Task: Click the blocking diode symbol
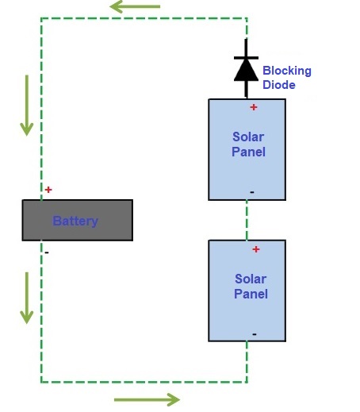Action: [246, 68]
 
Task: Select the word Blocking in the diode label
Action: [286, 71]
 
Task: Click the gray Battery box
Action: [77, 220]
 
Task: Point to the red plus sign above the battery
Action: [48, 190]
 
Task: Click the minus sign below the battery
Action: [47, 252]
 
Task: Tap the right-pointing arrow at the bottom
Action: [147, 399]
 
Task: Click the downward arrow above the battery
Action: [27, 105]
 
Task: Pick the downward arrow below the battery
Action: [27, 298]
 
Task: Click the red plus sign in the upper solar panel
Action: [254, 107]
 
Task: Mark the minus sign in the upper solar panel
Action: [252, 191]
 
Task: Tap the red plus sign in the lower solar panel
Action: [255, 249]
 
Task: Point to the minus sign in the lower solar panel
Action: [254, 333]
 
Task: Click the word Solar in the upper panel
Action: [248, 137]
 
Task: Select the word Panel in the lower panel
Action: [251, 294]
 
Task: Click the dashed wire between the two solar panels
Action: [247, 220]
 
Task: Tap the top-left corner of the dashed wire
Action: [41, 18]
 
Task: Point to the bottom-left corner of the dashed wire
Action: [41, 382]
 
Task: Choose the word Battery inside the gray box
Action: [75, 221]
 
